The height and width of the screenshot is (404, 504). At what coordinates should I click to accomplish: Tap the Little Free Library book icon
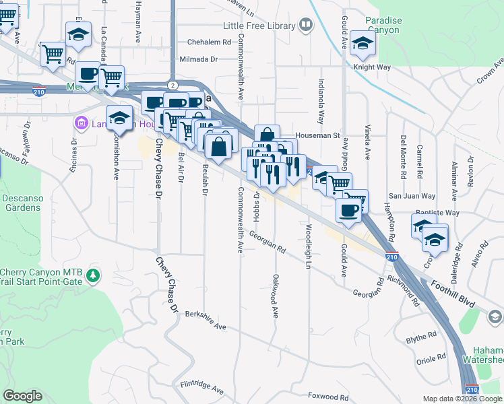click(x=306, y=26)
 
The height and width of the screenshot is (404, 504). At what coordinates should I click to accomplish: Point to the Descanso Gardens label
click(x=22, y=203)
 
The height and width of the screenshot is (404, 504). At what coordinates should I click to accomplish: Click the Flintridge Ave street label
click(x=201, y=386)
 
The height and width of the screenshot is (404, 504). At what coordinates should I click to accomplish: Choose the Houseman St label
click(x=316, y=135)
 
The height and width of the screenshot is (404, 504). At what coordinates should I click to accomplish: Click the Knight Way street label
click(x=372, y=67)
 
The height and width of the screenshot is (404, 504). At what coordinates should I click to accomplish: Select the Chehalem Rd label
click(x=199, y=42)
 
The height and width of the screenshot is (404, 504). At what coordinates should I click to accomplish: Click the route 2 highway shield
click(x=173, y=85)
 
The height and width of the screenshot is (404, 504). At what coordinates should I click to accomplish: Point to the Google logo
click(x=24, y=396)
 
